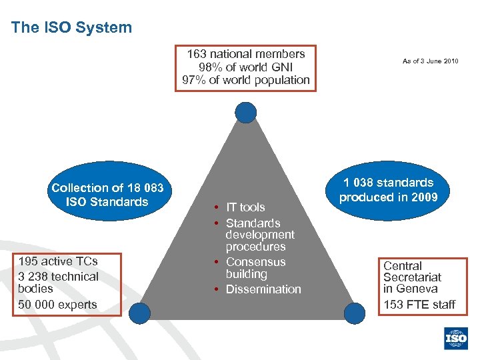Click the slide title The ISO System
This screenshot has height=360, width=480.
coord(71,27)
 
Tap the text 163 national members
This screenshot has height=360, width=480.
coord(246,54)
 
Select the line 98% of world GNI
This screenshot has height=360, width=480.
coord(246,67)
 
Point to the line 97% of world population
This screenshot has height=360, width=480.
coord(246,80)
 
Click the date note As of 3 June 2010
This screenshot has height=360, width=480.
coord(430,61)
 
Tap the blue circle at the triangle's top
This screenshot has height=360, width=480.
coord(246,113)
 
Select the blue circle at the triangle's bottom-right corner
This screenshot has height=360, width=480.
coord(354,312)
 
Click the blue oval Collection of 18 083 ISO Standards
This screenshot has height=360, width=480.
coord(107,195)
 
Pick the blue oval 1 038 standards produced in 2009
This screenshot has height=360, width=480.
coord(388,190)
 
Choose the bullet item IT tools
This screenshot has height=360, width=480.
coord(245,207)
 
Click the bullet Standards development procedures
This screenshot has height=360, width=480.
coord(259,235)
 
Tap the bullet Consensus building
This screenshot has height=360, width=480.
coord(255,268)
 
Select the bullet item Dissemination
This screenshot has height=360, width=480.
coord(263,289)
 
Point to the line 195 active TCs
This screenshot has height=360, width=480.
coord(59,261)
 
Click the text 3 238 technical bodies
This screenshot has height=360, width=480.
coord(59,282)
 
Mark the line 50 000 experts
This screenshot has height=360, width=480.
coord(58,305)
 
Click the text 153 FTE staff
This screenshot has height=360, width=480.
coord(419,305)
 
